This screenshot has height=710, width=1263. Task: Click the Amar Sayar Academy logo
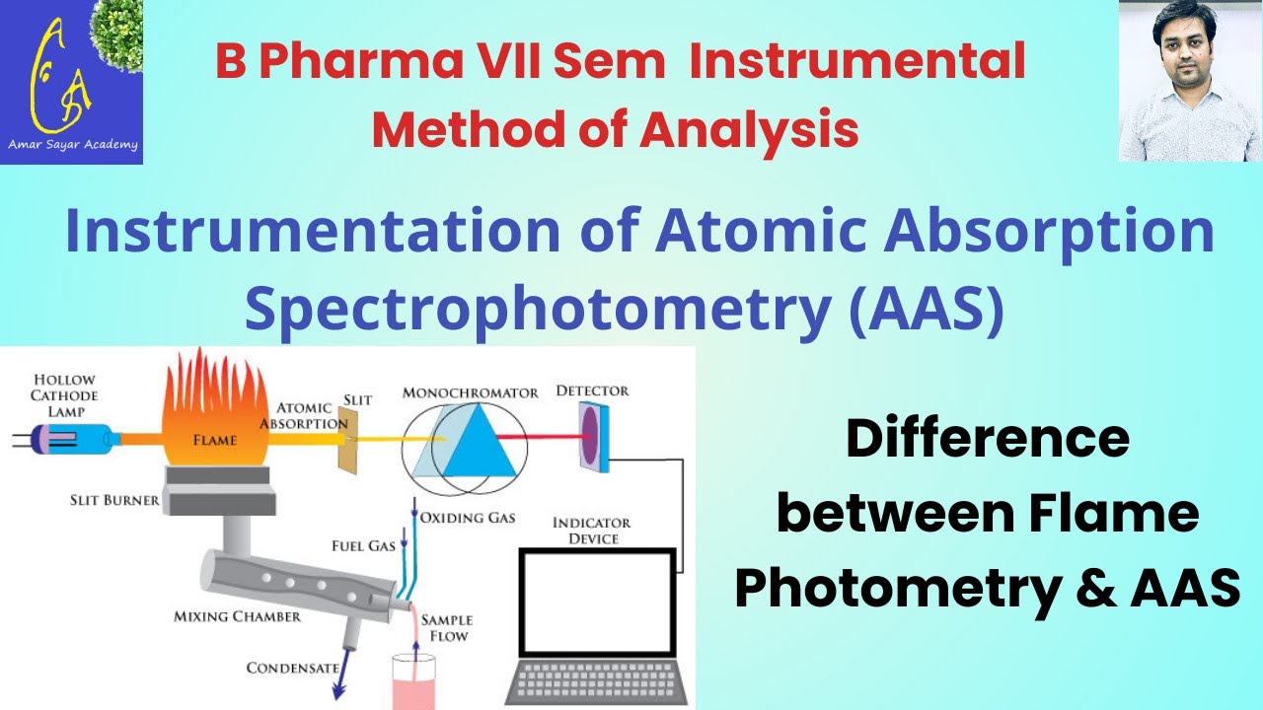[71, 82]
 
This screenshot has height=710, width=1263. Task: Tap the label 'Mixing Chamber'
[237, 617]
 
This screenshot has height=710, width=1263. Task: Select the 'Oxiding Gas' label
[467, 518]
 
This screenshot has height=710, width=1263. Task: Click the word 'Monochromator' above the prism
[471, 393]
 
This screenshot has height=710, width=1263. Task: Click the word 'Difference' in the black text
[987, 439]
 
